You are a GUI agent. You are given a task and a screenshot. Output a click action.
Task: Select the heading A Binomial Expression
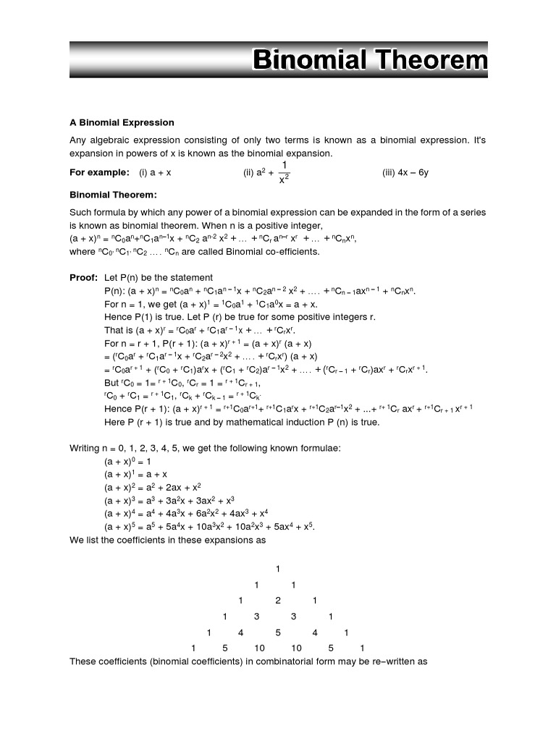122,122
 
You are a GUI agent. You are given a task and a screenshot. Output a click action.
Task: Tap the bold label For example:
99,173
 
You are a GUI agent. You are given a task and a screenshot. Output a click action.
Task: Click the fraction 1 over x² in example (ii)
285,172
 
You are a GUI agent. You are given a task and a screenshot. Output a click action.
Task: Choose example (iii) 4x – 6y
405,173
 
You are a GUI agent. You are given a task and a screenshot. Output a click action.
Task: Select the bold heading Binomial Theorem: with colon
113,195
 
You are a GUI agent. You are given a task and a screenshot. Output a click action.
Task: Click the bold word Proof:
83,277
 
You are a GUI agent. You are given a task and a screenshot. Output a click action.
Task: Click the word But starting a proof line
111,382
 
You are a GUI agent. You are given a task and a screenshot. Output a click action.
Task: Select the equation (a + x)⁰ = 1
127,460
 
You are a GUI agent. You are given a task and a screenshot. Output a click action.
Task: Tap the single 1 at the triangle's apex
277,568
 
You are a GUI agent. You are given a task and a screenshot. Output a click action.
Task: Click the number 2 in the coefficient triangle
277,601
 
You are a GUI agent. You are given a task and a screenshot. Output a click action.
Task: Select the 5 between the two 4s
277,632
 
